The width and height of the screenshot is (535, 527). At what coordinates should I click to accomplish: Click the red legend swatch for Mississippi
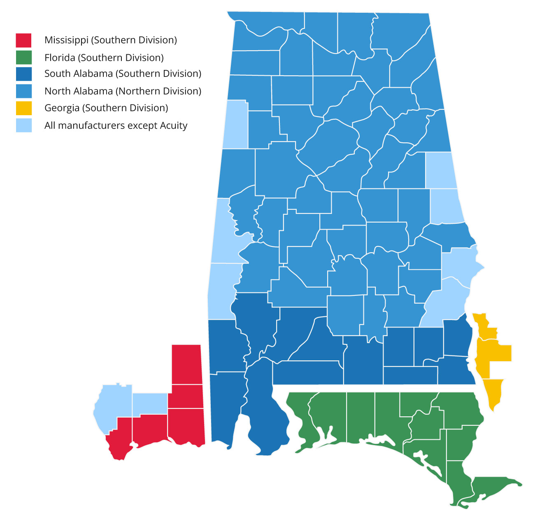pos(23,40)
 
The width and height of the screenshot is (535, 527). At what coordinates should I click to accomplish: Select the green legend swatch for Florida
pos(23,58)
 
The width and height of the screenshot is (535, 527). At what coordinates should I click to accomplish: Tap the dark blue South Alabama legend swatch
pos(23,74)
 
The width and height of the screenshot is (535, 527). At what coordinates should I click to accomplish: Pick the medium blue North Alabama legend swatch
pos(23,91)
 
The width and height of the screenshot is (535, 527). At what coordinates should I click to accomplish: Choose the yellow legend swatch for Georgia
pos(23,108)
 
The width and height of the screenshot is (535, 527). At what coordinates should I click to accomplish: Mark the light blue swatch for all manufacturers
pos(23,125)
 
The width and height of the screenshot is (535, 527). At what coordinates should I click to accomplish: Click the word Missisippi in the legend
pos(66,40)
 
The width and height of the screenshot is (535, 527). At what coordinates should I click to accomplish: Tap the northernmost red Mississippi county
pos(186,364)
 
